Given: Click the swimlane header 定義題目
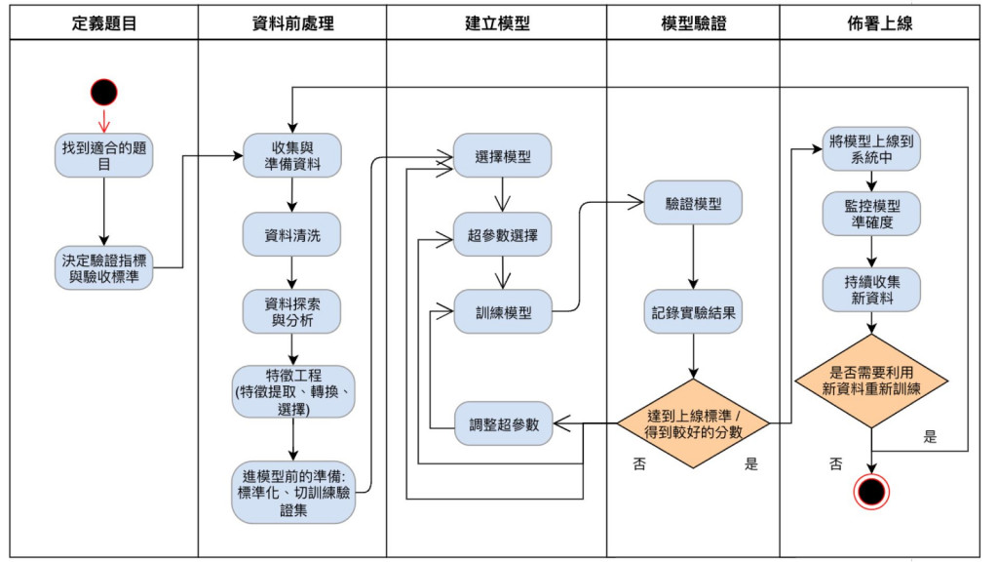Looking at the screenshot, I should click(104, 22).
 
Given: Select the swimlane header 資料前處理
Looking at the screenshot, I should click(292, 22).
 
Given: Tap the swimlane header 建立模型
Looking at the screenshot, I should click(497, 22).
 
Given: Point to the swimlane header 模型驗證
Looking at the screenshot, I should click(693, 22).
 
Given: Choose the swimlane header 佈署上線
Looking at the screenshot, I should click(880, 22).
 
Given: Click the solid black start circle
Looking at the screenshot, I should click(104, 93).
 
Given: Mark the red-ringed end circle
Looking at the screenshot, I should click(871, 490).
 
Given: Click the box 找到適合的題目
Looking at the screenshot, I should click(104, 156).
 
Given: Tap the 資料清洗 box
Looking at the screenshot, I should click(292, 235).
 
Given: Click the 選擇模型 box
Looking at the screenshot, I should click(503, 156).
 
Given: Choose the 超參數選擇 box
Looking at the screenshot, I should click(503, 235).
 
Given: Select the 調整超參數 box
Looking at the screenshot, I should click(503, 423).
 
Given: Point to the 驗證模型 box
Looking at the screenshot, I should click(693, 203).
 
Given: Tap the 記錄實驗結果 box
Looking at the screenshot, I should click(693, 313).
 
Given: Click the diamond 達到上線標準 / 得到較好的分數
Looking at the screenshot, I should click(693, 423).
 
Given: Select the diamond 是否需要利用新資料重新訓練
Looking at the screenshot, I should click(871, 381).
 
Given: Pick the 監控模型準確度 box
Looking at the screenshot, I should click(871, 214).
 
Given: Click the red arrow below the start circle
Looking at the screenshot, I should click(104, 121).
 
